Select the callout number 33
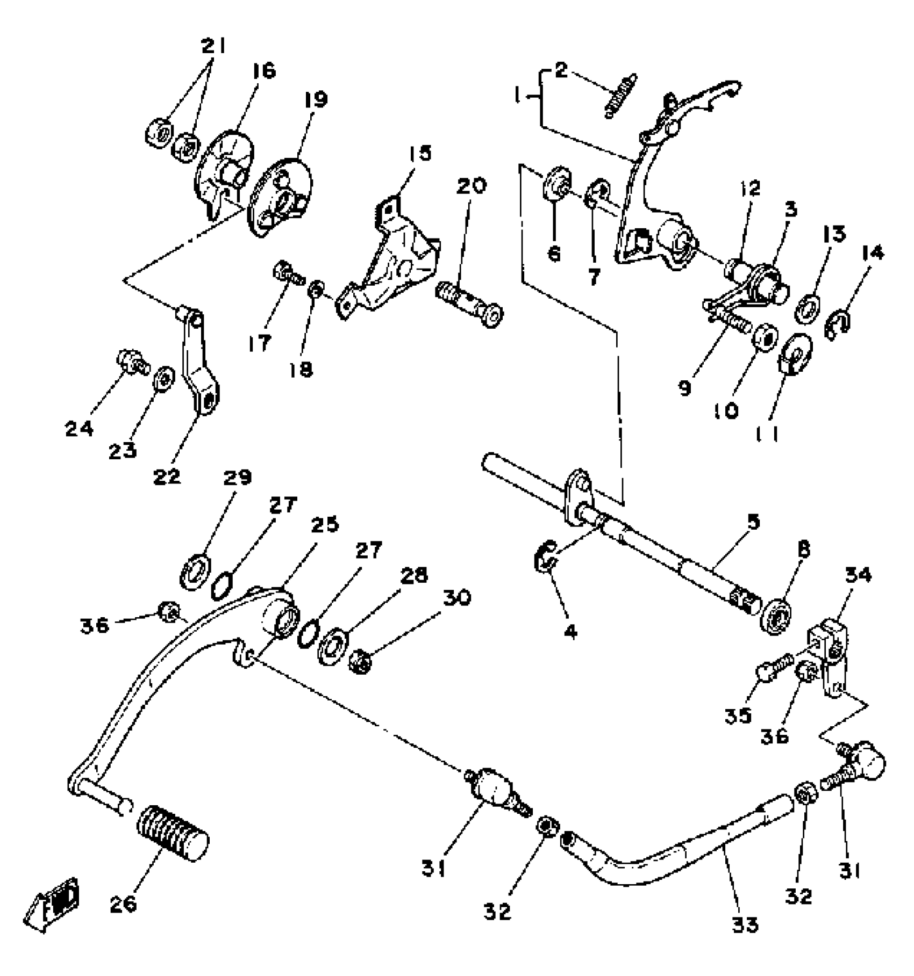(745, 925)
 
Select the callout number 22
(167, 476)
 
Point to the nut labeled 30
(361, 663)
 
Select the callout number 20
(472, 186)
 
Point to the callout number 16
(262, 71)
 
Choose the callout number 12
(751, 188)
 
